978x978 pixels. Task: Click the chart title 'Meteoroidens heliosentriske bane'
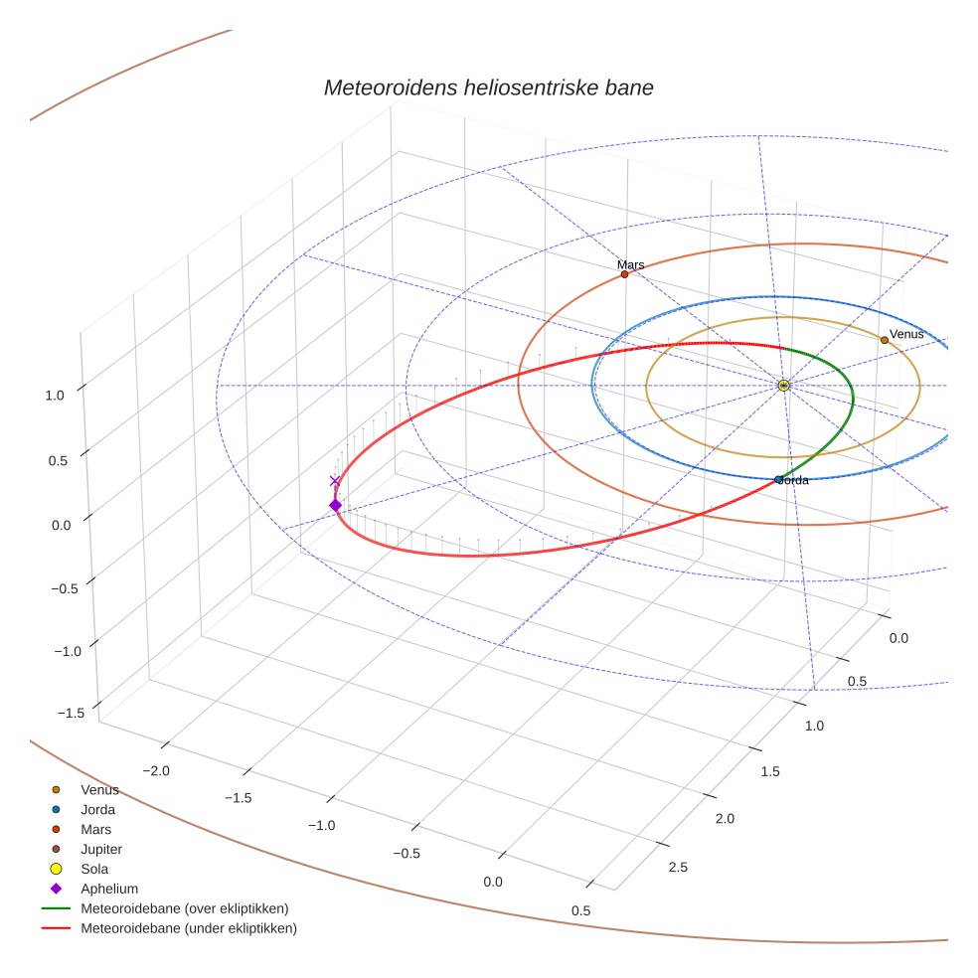(x=488, y=87)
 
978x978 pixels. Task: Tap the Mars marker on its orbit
(x=624, y=274)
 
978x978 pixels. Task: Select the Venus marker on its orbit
(x=884, y=340)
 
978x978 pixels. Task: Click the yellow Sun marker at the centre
(x=783, y=385)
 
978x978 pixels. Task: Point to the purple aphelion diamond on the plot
(x=335, y=506)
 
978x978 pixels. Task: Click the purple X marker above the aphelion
(x=335, y=481)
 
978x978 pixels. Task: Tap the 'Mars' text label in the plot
(x=630, y=264)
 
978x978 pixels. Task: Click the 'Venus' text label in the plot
(x=905, y=334)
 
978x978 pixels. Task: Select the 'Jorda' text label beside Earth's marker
(x=794, y=480)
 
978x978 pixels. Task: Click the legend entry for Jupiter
(x=100, y=849)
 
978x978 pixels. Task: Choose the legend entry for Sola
(x=94, y=869)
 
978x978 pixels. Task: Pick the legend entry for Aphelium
(x=108, y=889)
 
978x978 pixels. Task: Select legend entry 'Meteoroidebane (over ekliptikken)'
(x=184, y=908)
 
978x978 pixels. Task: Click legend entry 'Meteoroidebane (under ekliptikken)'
(x=188, y=928)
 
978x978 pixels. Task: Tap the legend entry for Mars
(x=95, y=829)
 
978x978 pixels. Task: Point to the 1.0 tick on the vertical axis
(x=55, y=395)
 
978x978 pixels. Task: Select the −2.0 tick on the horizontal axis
(x=156, y=770)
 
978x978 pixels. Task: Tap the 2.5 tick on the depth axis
(x=677, y=868)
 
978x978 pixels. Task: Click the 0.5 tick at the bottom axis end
(x=581, y=910)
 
